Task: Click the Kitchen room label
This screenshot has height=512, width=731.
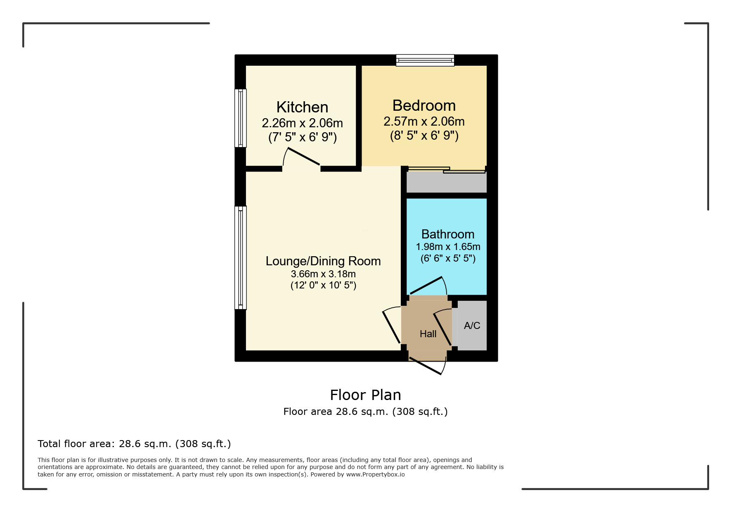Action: coord(302,107)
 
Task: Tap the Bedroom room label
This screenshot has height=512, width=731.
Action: coord(424,105)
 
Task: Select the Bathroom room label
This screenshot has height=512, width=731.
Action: coord(448,234)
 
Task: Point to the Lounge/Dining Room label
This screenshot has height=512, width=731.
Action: coord(323,261)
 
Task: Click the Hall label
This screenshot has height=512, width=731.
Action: coord(428,334)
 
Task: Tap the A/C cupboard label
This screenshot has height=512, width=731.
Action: coord(472,326)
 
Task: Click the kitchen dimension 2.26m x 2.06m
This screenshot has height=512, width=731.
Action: coord(302,123)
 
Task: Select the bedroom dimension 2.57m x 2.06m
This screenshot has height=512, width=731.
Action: coord(424,121)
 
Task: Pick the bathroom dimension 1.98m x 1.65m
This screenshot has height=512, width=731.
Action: coord(448,247)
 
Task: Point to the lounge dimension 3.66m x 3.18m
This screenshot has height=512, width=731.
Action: coord(323,274)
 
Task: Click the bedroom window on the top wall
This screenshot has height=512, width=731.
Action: coord(425,60)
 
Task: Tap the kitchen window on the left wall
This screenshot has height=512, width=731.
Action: coord(241,118)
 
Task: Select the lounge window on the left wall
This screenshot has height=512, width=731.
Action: coord(241,257)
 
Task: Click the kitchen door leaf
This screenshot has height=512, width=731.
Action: coord(303,156)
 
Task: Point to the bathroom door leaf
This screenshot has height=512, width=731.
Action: coord(426,286)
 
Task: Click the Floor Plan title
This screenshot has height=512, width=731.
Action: coord(365,395)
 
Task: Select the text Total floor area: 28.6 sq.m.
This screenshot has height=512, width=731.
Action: coord(104,444)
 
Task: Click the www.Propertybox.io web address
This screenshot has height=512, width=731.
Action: coord(375,474)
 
